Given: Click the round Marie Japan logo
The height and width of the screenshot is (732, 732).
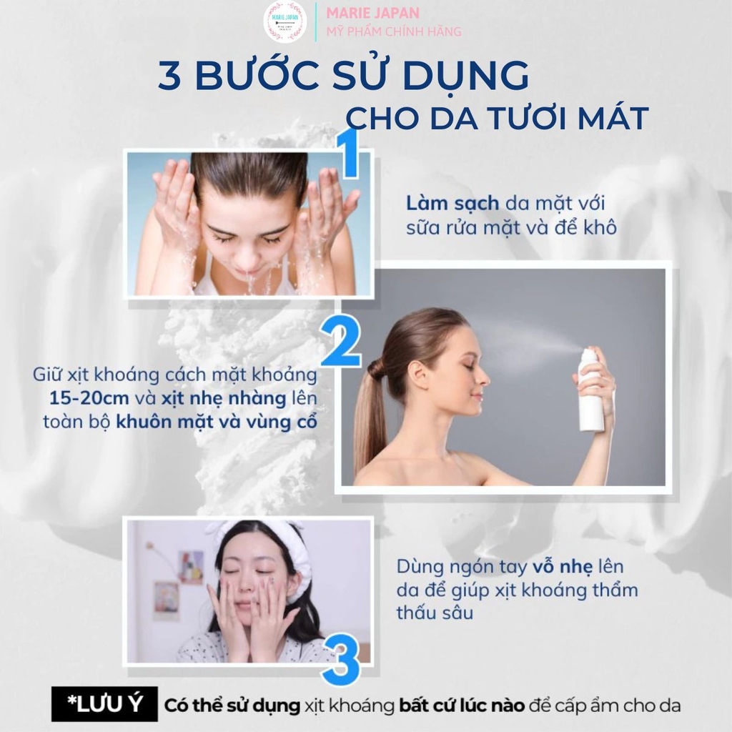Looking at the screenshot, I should click(288, 22).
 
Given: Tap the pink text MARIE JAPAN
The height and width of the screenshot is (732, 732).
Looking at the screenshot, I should click(372, 13).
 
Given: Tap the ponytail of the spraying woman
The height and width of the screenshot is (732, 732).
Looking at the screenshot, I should click(370, 415).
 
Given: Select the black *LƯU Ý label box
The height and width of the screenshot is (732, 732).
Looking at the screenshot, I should click(104, 705).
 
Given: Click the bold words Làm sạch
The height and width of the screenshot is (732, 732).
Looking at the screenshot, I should click(452, 203).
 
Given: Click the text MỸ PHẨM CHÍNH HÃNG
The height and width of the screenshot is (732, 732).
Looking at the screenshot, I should click(393, 31).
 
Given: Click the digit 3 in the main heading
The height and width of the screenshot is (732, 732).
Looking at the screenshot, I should click(171, 76).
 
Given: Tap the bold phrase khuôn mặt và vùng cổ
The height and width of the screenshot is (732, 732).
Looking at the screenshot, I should click(217, 422).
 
